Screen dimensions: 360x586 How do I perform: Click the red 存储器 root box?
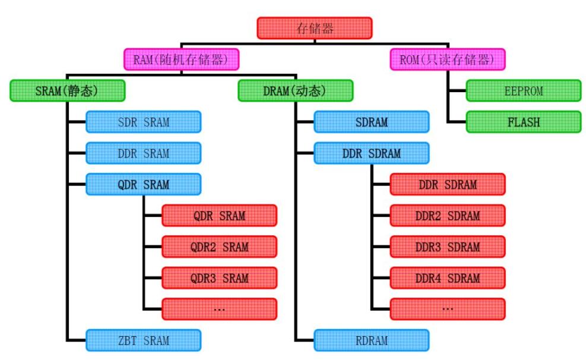pos(314,28)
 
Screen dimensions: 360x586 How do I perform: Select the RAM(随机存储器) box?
pos(181,59)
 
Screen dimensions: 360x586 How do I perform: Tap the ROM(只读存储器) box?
pos(447,59)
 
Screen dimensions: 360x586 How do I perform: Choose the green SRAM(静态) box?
pos(67,91)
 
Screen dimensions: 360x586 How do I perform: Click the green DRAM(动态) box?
pos(295,91)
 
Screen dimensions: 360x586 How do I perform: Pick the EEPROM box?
pos(523,91)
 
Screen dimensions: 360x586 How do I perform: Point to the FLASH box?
pos(523,122)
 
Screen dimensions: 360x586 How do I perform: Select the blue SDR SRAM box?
pos(143,122)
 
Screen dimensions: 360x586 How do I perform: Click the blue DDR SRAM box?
pos(143,153)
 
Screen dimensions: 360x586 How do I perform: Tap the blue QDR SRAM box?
pos(143,184)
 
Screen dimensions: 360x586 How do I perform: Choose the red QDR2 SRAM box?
pos(219,247)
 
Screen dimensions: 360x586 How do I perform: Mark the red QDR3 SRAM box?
pos(219,278)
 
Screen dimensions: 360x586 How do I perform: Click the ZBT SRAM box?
pos(143,340)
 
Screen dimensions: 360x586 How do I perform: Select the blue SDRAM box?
pos(371,122)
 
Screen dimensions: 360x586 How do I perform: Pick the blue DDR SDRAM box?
pos(371,153)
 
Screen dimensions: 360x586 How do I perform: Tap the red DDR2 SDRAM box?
pos(447,216)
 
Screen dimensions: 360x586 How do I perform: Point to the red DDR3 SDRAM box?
pos(447,247)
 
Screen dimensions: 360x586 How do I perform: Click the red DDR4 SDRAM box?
pos(447,278)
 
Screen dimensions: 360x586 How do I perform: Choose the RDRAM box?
pos(371,340)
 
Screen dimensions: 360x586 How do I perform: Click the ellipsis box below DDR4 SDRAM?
pos(447,309)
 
